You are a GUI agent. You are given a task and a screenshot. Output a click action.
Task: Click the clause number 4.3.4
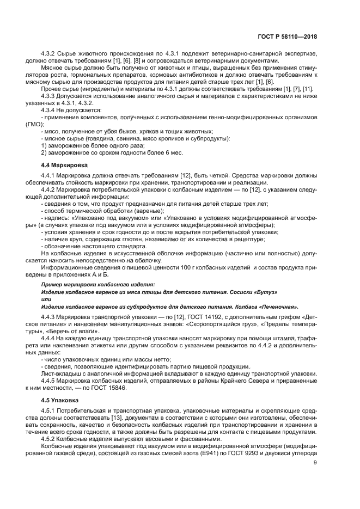50,110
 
